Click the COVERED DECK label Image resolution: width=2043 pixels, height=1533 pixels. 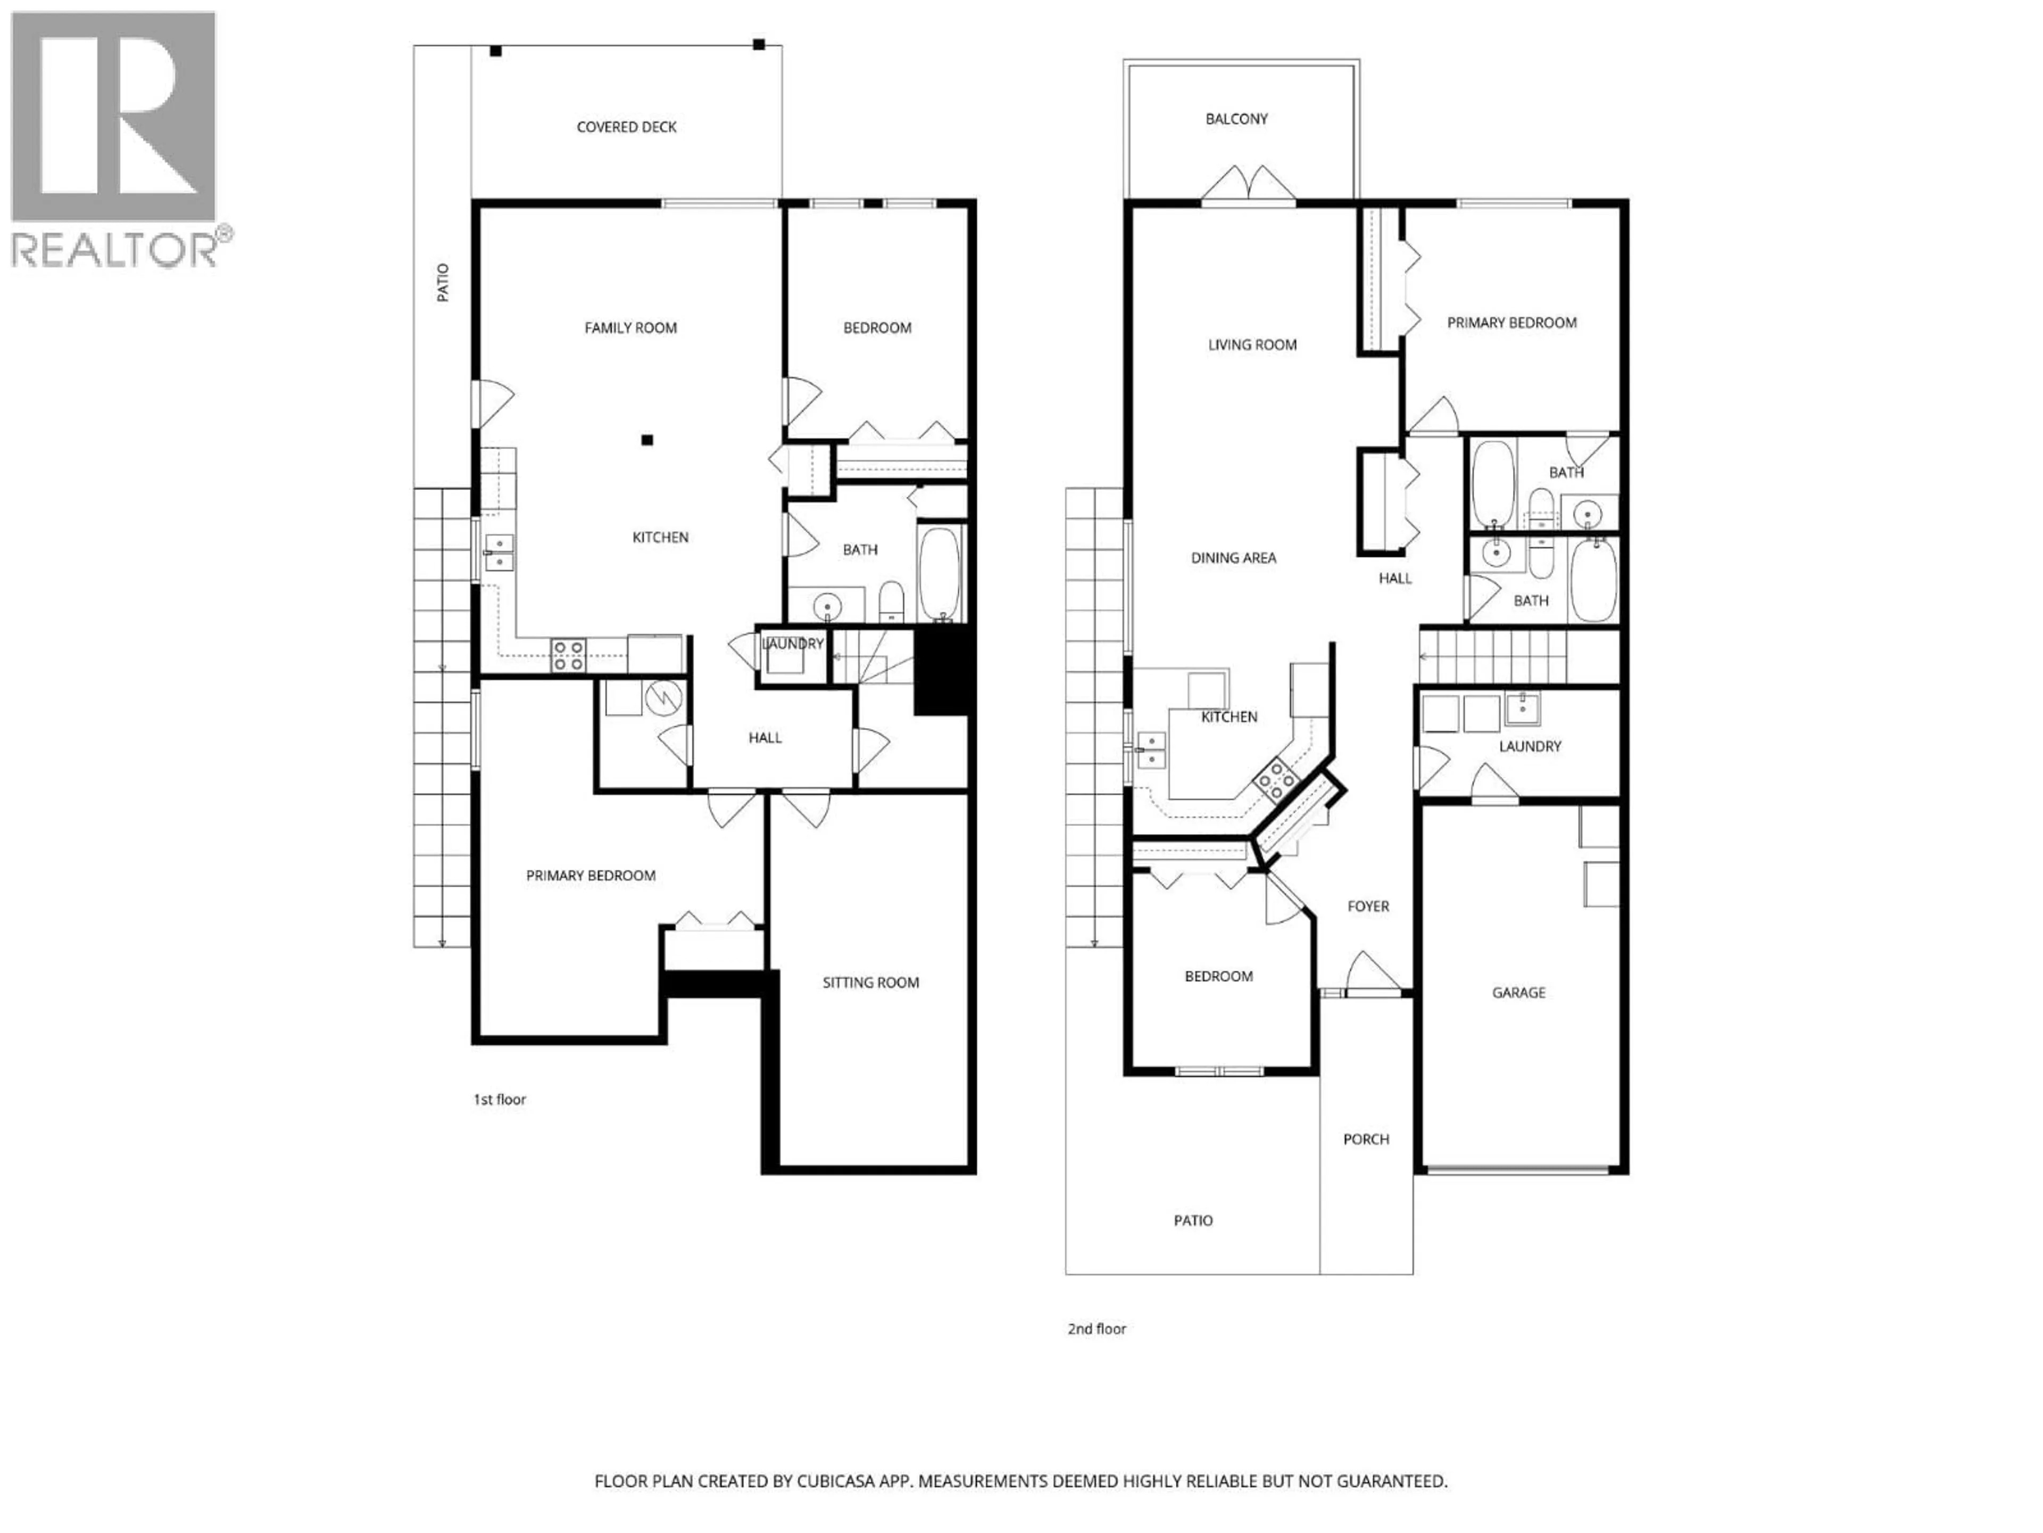(626, 127)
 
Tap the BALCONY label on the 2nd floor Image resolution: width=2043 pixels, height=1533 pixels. (1236, 118)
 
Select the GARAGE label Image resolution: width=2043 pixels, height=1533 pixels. (1518, 992)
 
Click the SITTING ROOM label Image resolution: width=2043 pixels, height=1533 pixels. (870, 982)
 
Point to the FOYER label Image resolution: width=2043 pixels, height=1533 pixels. (1368, 906)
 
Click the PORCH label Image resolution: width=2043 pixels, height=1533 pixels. (1365, 1139)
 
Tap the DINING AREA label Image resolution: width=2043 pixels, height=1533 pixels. (1233, 558)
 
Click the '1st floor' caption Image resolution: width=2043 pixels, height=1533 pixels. (500, 1100)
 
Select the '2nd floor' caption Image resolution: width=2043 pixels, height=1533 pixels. (1097, 1329)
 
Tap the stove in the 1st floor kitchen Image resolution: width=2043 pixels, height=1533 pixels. (568, 655)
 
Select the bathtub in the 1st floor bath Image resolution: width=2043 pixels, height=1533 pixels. (940, 573)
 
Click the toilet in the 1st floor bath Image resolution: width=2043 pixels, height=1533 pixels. (890, 601)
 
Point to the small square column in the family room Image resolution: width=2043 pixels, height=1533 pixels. (647, 440)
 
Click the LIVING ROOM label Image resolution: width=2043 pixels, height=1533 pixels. (1251, 345)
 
